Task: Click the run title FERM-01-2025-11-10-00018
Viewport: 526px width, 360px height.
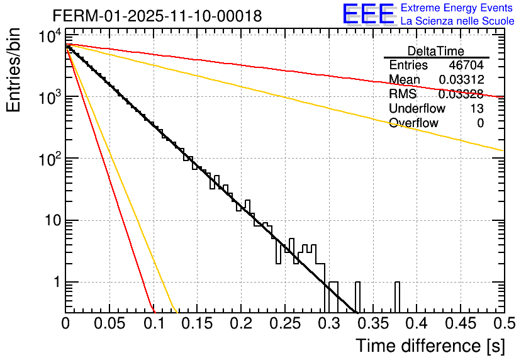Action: pos(157,16)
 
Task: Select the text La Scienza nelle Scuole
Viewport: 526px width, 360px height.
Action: pos(457,21)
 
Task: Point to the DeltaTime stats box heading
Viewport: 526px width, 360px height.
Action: pos(436,51)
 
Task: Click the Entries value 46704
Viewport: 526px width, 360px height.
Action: pos(466,65)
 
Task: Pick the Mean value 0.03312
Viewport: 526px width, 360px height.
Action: pos(461,79)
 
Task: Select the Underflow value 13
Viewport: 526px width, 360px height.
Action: pos(476,108)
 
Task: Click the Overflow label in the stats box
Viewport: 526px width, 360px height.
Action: pos(413,123)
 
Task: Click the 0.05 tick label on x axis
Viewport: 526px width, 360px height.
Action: pos(109,324)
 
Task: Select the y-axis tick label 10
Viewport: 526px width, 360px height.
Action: pos(50,220)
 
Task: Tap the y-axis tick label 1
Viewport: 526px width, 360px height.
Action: pos(55,282)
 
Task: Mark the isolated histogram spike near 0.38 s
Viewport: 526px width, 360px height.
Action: pos(397,296)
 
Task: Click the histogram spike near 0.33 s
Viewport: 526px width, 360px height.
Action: pos(357,296)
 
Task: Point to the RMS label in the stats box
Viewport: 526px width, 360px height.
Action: pos(403,94)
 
